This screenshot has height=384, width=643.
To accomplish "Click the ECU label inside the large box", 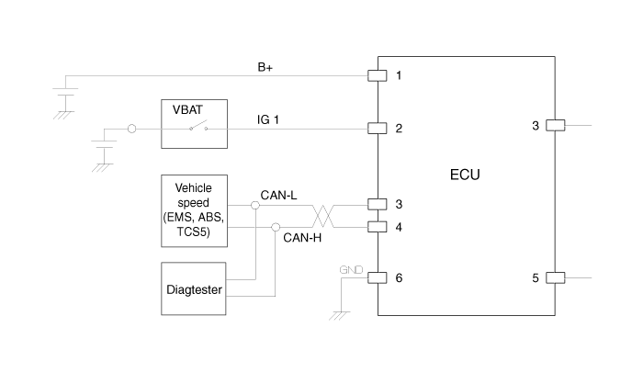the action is [x=465, y=175].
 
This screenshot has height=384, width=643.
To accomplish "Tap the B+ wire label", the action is [x=265, y=67].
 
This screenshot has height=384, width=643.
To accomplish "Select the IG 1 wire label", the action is [x=268, y=119].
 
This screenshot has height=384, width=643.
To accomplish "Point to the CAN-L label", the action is [x=278, y=196].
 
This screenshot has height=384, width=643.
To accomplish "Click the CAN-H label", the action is [x=302, y=238].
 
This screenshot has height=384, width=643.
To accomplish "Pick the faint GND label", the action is [x=351, y=269].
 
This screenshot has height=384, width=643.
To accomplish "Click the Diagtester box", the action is [x=194, y=288].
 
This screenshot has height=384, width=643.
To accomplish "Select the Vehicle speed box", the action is [x=195, y=211].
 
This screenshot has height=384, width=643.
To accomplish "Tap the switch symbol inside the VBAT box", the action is [x=198, y=126].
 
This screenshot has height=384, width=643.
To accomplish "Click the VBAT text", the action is [x=187, y=110].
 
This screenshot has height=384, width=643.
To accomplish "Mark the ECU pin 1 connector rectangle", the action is [x=378, y=75].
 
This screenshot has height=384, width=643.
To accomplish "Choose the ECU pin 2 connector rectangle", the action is [x=378, y=129].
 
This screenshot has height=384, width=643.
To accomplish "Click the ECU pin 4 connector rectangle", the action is [x=378, y=227].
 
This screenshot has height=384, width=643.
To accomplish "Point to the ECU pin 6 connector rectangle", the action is [x=378, y=277].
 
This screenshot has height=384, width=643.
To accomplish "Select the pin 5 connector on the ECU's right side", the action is [x=555, y=277].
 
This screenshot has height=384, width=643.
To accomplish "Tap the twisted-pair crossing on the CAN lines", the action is [x=323, y=216].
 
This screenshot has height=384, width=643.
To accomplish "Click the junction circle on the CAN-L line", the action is [x=255, y=205].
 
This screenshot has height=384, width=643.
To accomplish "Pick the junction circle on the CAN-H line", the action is [x=276, y=227].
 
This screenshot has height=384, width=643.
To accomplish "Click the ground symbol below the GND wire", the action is [x=340, y=315].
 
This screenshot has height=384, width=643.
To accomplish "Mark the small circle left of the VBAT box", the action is [x=131, y=129].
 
